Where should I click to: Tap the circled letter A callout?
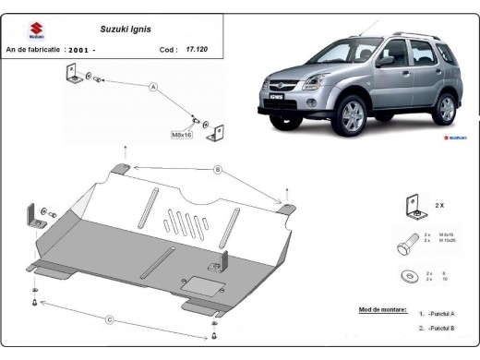(154, 88)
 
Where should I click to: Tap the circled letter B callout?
(217, 169)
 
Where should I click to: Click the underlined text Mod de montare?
(381, 310)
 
